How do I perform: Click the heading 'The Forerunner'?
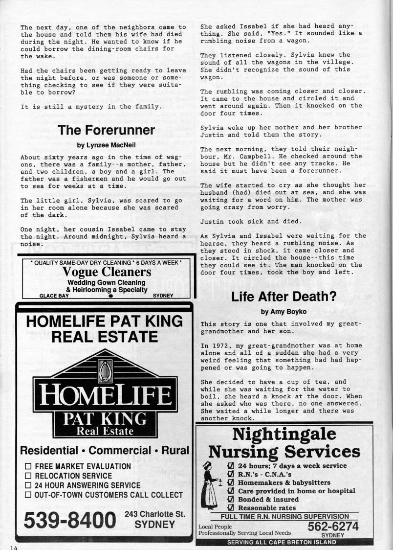click(x=106, y=130)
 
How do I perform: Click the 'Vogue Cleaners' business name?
click(x=106, y=272)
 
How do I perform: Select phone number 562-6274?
click(x=333, y=526)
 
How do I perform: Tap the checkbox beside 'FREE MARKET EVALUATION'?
click(x=28, y=467)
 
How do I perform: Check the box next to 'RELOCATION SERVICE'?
click(x=28, y=476)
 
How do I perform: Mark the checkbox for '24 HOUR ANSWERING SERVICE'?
click(x=28, y=485)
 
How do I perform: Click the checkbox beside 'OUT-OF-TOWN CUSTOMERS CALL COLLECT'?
click(x=28, y=495)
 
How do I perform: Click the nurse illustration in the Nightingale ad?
click(x=210, y=484)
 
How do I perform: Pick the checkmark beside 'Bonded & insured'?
click(x=231, y=499)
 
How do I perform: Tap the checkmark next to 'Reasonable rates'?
click(x=231, y=508)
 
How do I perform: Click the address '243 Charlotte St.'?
click(x=154, y=514)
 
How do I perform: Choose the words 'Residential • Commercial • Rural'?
click(x=104, y=450)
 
